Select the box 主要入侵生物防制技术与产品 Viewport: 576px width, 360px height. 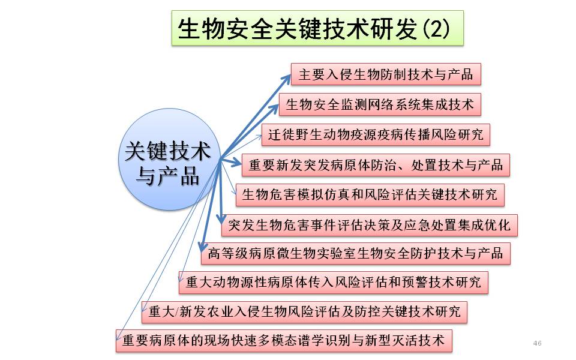(x=386, y=74)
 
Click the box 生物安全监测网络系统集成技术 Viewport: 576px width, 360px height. (x=380, y=105)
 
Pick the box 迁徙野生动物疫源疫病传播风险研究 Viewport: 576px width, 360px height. (x=376, y=134)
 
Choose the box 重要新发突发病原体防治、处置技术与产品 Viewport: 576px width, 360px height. (x=376, y=164)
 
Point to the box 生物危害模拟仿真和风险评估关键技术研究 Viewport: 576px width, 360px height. (x=370, y=194)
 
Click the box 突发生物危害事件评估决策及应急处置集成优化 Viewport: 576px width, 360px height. (x=370, y=225)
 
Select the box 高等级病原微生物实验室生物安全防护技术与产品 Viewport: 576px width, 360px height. (x=355, y=253)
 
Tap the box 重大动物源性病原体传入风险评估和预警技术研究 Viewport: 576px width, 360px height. (x=333, y=282)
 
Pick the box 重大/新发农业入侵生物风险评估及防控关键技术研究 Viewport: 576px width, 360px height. (x=305, y=312)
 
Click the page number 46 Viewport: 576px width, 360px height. (x=537, y=343)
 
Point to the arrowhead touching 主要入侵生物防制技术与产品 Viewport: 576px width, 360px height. (x=287, y=76)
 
